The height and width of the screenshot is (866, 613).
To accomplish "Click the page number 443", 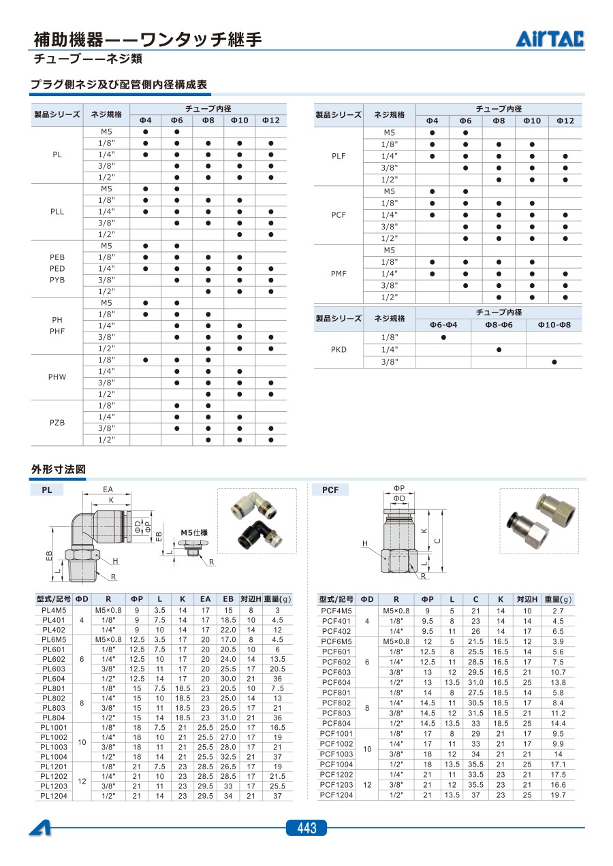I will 306,828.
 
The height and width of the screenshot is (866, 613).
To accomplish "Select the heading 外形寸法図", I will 59,469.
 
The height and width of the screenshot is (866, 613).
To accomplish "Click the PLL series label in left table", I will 57,212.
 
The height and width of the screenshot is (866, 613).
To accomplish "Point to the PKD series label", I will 339,349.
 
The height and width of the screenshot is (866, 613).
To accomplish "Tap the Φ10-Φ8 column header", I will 554,325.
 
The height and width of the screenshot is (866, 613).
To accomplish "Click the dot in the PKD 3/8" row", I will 554,362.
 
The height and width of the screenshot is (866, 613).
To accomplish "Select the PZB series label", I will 57,422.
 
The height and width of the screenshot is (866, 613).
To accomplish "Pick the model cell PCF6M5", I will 336,641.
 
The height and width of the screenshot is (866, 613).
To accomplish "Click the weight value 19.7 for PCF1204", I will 558,795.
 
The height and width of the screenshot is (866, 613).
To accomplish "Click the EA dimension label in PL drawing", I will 108,489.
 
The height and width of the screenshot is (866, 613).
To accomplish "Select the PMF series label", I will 339,274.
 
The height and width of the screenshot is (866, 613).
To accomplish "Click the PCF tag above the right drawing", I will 330,490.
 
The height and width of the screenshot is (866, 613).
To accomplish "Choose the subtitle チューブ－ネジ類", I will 88,59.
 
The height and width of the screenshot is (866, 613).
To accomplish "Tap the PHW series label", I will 57,376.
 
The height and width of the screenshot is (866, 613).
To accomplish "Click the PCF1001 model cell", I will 336,734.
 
